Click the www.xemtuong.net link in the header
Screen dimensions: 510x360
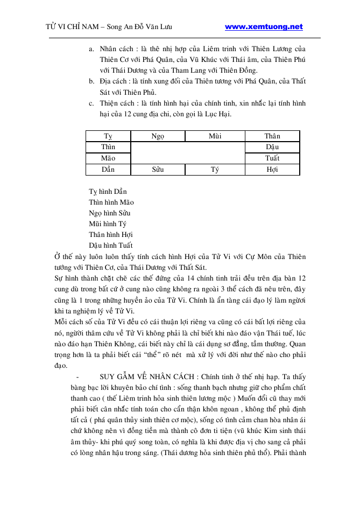click(263, 27)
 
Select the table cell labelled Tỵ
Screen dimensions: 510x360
click(108, 136)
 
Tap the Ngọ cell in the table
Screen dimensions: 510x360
click(157, 136)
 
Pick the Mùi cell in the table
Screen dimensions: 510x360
click(215, 136)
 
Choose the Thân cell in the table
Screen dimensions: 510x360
click(272, 136)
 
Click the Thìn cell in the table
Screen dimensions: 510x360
click(108, 147)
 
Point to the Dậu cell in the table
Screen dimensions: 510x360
click(272, 147)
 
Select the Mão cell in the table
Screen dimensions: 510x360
click(108, 158)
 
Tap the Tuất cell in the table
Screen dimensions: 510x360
click(272, 158)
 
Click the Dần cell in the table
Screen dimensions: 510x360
click(108, 170)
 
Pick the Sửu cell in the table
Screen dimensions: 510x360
click(157, 170)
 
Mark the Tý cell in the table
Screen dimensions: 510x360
click(215, 170)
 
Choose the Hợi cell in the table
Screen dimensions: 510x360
click(272, 170)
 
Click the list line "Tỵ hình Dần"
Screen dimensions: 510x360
click(108, 192)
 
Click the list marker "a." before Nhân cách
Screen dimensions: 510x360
click(91, 50)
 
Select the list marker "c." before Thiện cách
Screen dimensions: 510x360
click(91, 103)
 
